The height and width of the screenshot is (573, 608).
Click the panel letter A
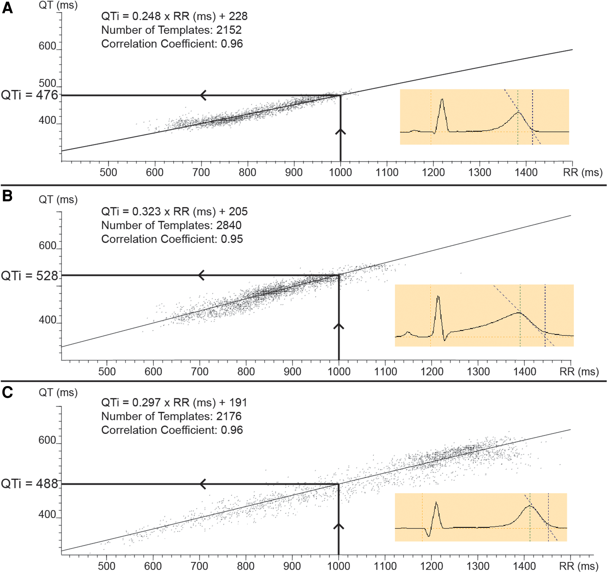click(x=7, y=8)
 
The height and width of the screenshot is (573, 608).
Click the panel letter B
click(x=7, y=196)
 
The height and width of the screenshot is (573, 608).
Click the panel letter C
click(x=7, y=392)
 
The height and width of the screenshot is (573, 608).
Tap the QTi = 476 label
click(x=30, y=95)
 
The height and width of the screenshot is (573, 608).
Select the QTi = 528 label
click(x=30, y=275)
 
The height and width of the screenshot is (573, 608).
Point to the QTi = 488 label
click(x=30, y=484)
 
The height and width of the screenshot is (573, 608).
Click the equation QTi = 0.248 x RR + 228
click(x=174, y=16)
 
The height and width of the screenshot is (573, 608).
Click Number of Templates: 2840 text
click(x=171, y=225)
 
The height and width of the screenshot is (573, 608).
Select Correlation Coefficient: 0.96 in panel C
click(x=172, y=430)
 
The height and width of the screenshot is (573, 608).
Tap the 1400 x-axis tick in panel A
click(x=526, y=173)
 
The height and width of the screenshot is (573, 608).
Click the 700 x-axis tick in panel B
click(x=199, y=371)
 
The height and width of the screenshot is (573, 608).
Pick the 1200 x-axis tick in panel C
click(x=432, y=566)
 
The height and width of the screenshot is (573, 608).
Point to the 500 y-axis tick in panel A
click(x=47, y=83)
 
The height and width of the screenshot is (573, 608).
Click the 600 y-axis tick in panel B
click(x=47, y=245)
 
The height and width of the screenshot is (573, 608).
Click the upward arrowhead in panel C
click(x=339, y=526)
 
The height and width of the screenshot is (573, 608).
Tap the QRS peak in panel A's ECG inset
click(x=442, y=100)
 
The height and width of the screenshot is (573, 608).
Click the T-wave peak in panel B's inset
click(x=519, y=313)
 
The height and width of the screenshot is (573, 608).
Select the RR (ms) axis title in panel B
click(x=579, y=371)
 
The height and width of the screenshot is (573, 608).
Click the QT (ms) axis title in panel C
click(x=58, y=393)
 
